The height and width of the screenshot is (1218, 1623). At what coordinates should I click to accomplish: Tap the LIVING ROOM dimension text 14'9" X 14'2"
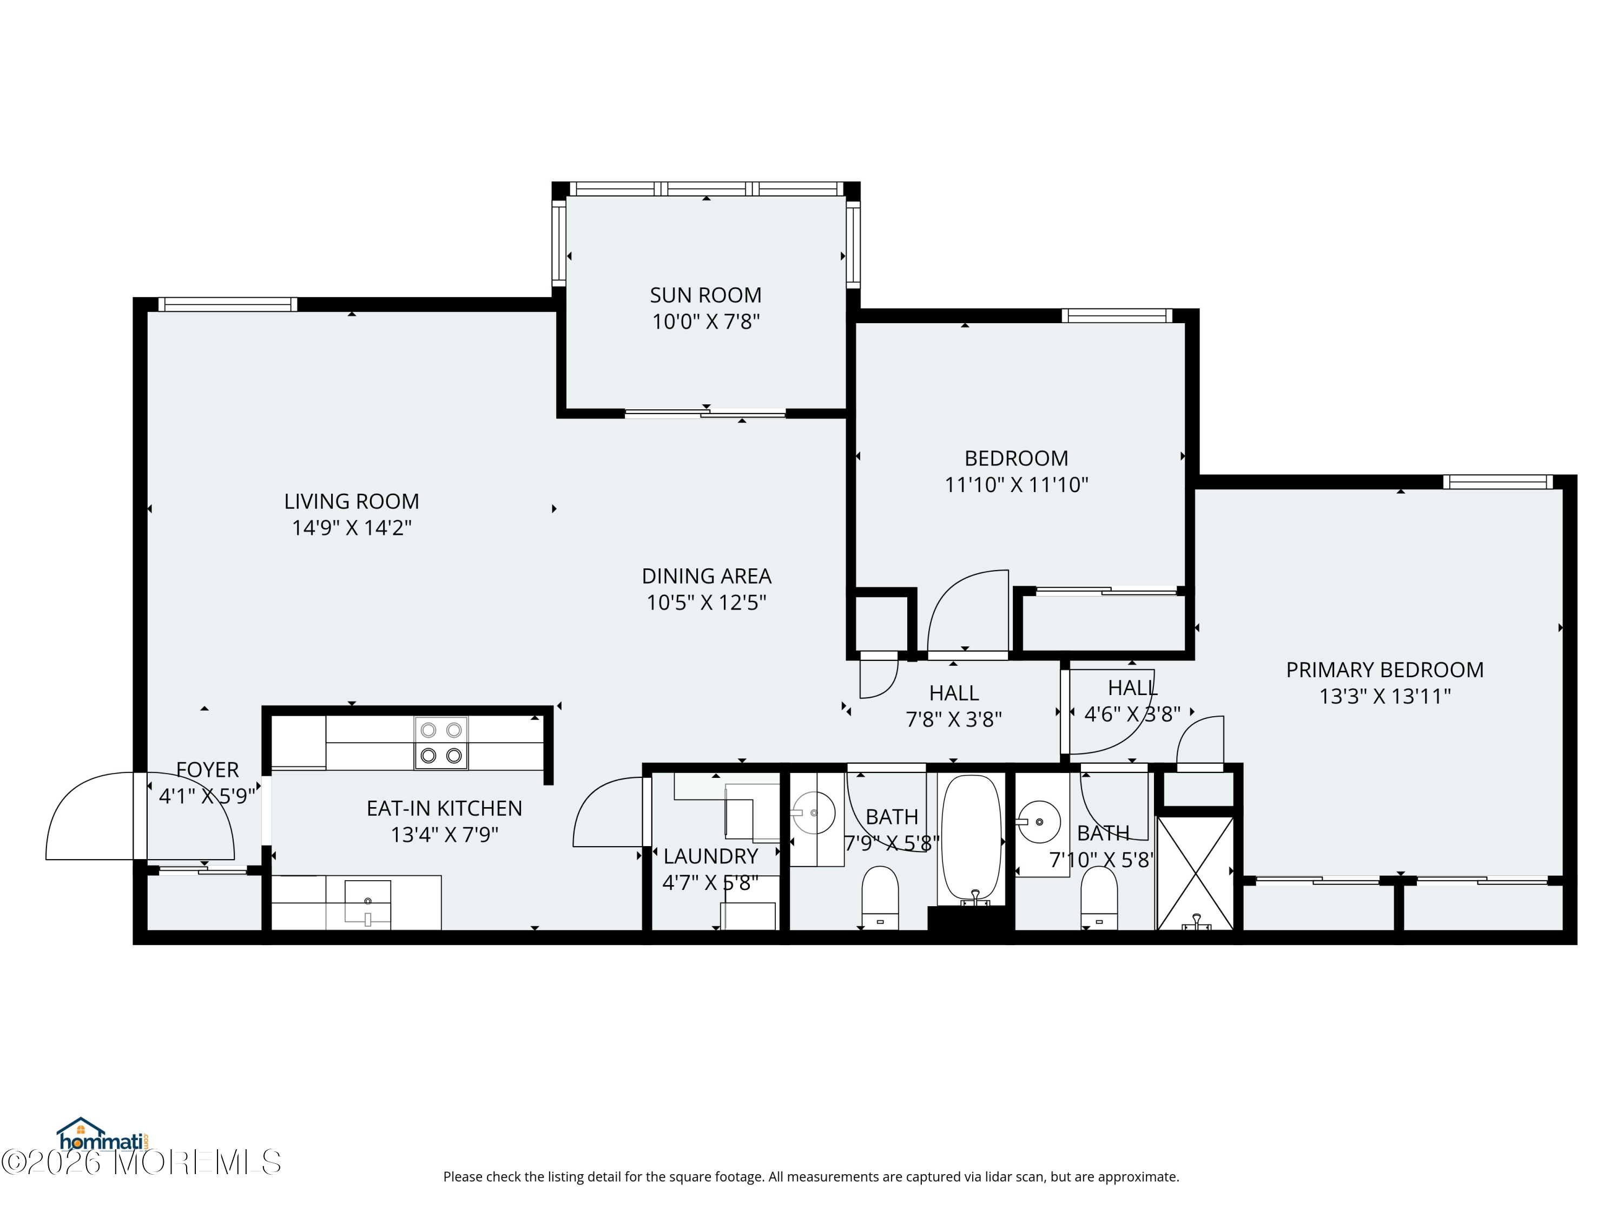point(352,528)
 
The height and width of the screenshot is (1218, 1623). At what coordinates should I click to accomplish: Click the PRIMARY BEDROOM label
point(1384,670)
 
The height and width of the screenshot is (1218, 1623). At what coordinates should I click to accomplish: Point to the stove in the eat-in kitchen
point(441,743)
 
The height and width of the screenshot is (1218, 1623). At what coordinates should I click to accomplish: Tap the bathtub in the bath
point(971,839)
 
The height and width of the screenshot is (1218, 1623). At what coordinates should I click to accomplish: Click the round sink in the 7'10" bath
point(1039,822)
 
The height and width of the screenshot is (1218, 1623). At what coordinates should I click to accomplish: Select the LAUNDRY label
point(710,856)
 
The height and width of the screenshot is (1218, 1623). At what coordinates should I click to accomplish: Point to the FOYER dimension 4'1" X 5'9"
point(207,796)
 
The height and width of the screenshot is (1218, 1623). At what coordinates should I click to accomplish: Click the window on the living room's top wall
point(227,304)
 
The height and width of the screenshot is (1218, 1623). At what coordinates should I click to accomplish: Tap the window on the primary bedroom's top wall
point(1497,482)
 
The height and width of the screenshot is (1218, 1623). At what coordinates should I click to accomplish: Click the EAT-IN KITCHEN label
point(445,808)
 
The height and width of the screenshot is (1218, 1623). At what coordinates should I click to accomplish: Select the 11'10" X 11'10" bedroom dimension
point(1016,484)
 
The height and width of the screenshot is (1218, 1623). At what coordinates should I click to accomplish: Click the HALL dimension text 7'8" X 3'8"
point(954,719)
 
